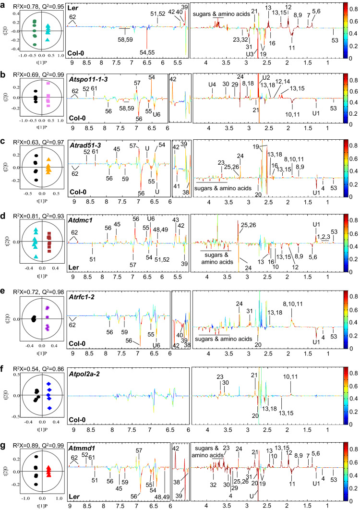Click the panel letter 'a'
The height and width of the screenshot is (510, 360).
[3, 4]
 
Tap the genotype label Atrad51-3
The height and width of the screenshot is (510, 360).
[83, 151]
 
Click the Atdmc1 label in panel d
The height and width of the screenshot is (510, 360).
[79, 223]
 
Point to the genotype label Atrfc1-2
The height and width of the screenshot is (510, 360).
[82, 296]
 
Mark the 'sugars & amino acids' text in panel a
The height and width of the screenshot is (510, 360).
[225, 14]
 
